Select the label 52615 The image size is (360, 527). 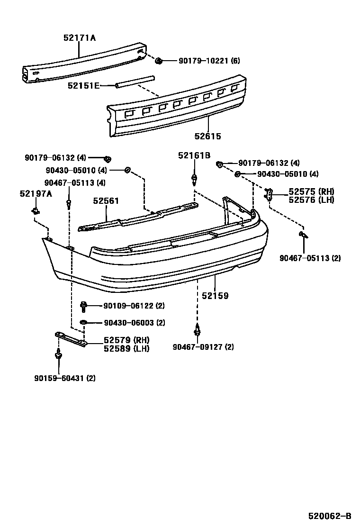tap(207, 136)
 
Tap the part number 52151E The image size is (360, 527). tap(83, 85)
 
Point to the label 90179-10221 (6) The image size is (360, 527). tap(209, 61)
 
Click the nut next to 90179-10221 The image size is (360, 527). tap(160, 60)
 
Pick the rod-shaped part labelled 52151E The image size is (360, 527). tap(134, 81)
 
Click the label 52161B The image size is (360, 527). tap(194, 155)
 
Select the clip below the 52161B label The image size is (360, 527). tap(194, 179)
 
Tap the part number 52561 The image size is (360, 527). tap(106, 201)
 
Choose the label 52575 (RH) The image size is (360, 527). tap(311, 192)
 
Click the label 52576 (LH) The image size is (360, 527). tap(311, 200)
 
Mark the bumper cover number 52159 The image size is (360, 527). tap(215, 296)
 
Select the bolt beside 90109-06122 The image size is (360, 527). tap(84, 306)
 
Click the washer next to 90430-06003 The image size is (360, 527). tap(83, 323)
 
